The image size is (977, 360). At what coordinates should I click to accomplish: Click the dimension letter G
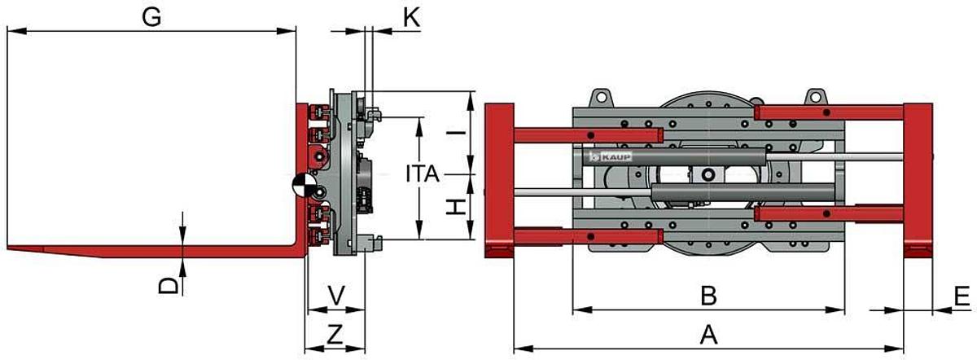pos(151,16)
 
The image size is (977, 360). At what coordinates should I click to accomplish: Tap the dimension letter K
pos(411,17)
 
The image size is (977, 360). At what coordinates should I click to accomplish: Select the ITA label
pos(422,173)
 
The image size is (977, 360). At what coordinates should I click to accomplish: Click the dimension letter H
pos(458,207)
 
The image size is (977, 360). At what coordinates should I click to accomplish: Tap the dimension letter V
pos(335,295)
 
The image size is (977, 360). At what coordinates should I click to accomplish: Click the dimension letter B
pos(708,296)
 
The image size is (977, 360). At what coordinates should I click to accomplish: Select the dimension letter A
pos(708,333)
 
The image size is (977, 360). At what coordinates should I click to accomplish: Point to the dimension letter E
pos(961,296)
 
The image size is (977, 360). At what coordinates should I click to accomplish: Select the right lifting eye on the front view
pos(813,96)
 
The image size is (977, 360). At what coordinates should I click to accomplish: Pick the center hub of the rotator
pos(709,174)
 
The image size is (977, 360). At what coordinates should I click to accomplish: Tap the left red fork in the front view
pos(498,179)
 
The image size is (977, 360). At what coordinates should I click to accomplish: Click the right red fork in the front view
pos(918,179)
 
